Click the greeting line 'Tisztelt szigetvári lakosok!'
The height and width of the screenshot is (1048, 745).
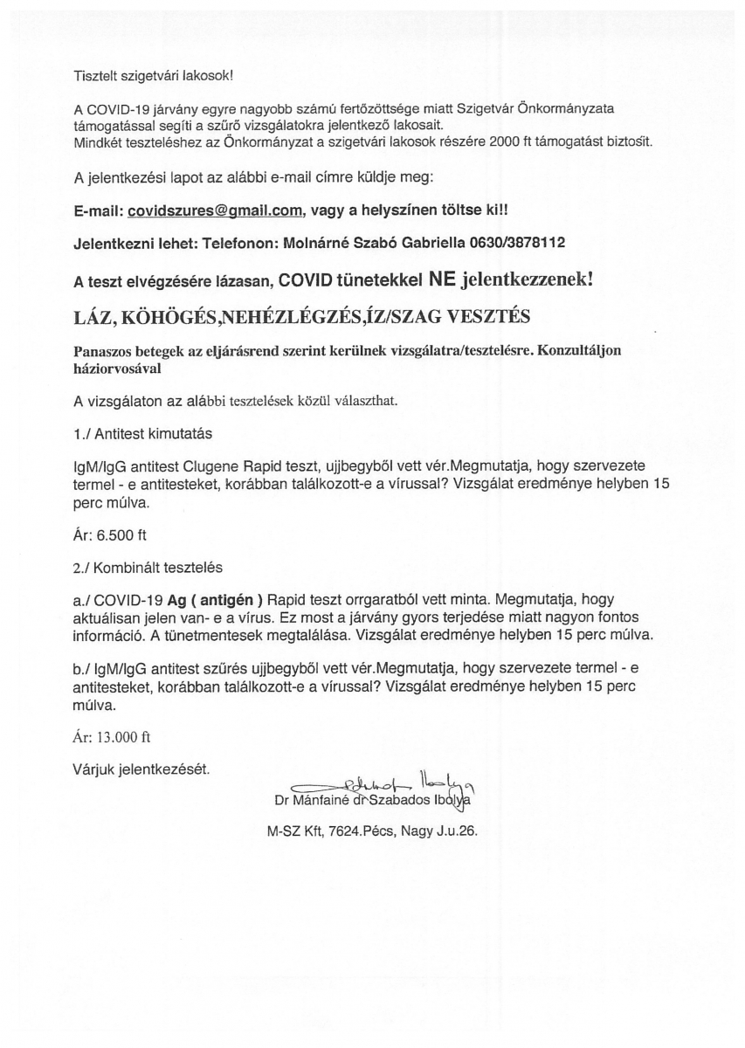point(154,76)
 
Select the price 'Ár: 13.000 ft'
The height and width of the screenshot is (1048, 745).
point(113,736)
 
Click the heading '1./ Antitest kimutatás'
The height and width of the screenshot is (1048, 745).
point(143,432)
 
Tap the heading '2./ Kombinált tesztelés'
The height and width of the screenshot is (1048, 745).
point(148,567)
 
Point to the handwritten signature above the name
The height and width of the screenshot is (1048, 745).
point(384,779)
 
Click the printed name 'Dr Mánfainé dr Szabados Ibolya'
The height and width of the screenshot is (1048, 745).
point(376,798)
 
